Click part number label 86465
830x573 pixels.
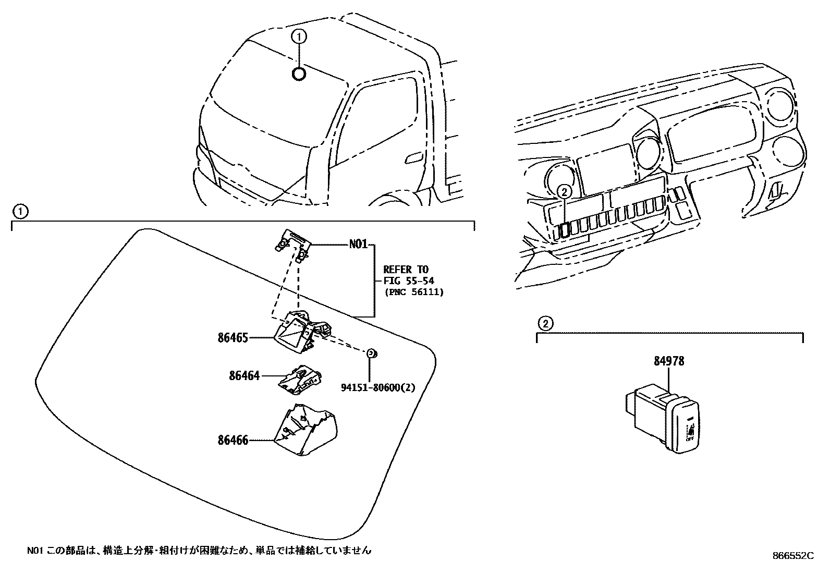pos(233,337)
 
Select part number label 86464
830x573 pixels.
pos(243,375)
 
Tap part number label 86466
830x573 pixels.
pos(233,440)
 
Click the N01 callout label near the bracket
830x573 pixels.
pos(358,244)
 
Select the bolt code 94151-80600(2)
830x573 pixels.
pos(378,387)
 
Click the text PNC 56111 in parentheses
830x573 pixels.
pos(414,292)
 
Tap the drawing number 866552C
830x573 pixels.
pos(792,556)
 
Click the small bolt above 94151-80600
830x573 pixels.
pos(372,354)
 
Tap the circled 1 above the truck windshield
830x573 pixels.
pos(299,36)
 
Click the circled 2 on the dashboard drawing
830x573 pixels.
pos(564,192)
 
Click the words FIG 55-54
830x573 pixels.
pos(406,281)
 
